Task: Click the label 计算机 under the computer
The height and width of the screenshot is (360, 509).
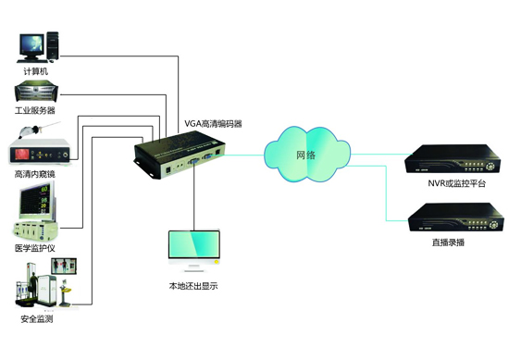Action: [36, 71]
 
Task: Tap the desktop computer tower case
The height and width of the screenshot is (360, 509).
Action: [53, 45]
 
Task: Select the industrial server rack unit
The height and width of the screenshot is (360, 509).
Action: [36, 91]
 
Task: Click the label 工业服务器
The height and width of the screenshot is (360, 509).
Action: [35, 110]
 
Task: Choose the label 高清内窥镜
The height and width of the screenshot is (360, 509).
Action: [35, 174]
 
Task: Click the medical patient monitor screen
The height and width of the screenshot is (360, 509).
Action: [35, 201]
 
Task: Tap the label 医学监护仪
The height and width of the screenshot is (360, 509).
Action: [35, 248]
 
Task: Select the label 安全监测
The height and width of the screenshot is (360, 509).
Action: [37, 318]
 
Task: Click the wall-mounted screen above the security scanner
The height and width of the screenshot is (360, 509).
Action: [64, 267]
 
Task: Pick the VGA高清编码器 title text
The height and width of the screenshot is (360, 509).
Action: [213, 124]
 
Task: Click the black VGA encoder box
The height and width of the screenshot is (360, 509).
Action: [180, 155]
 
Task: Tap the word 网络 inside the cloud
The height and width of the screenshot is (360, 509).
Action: [305, 155]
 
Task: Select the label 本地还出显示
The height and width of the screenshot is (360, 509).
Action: [193, 286]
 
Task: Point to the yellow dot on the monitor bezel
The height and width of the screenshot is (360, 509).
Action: [217, 261]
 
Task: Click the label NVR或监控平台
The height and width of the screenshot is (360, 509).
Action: [456, 183]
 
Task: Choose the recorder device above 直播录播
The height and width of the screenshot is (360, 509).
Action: [456, 217]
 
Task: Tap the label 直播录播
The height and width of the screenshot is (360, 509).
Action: [448, 242]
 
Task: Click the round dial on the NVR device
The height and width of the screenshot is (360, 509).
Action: [492, 166]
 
